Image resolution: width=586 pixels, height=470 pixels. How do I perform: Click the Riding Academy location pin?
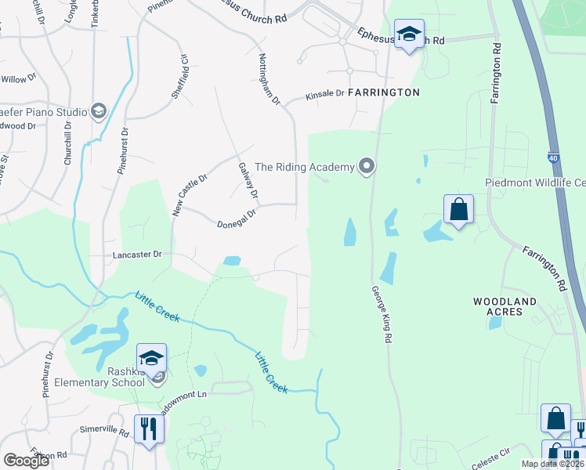366,166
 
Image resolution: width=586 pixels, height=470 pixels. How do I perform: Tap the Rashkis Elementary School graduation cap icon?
151,359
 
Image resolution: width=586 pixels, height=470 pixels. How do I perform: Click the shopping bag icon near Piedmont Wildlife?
458,210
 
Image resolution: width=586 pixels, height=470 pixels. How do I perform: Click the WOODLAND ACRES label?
505,306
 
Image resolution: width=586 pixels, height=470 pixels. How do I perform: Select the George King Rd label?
382,313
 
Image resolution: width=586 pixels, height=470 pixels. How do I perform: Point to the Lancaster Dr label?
136,254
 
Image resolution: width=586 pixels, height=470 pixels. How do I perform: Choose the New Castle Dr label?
189,195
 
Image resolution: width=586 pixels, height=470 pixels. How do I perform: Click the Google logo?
27,460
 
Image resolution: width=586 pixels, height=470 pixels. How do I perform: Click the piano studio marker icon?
99,110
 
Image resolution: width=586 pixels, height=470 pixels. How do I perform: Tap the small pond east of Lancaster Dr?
232,261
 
